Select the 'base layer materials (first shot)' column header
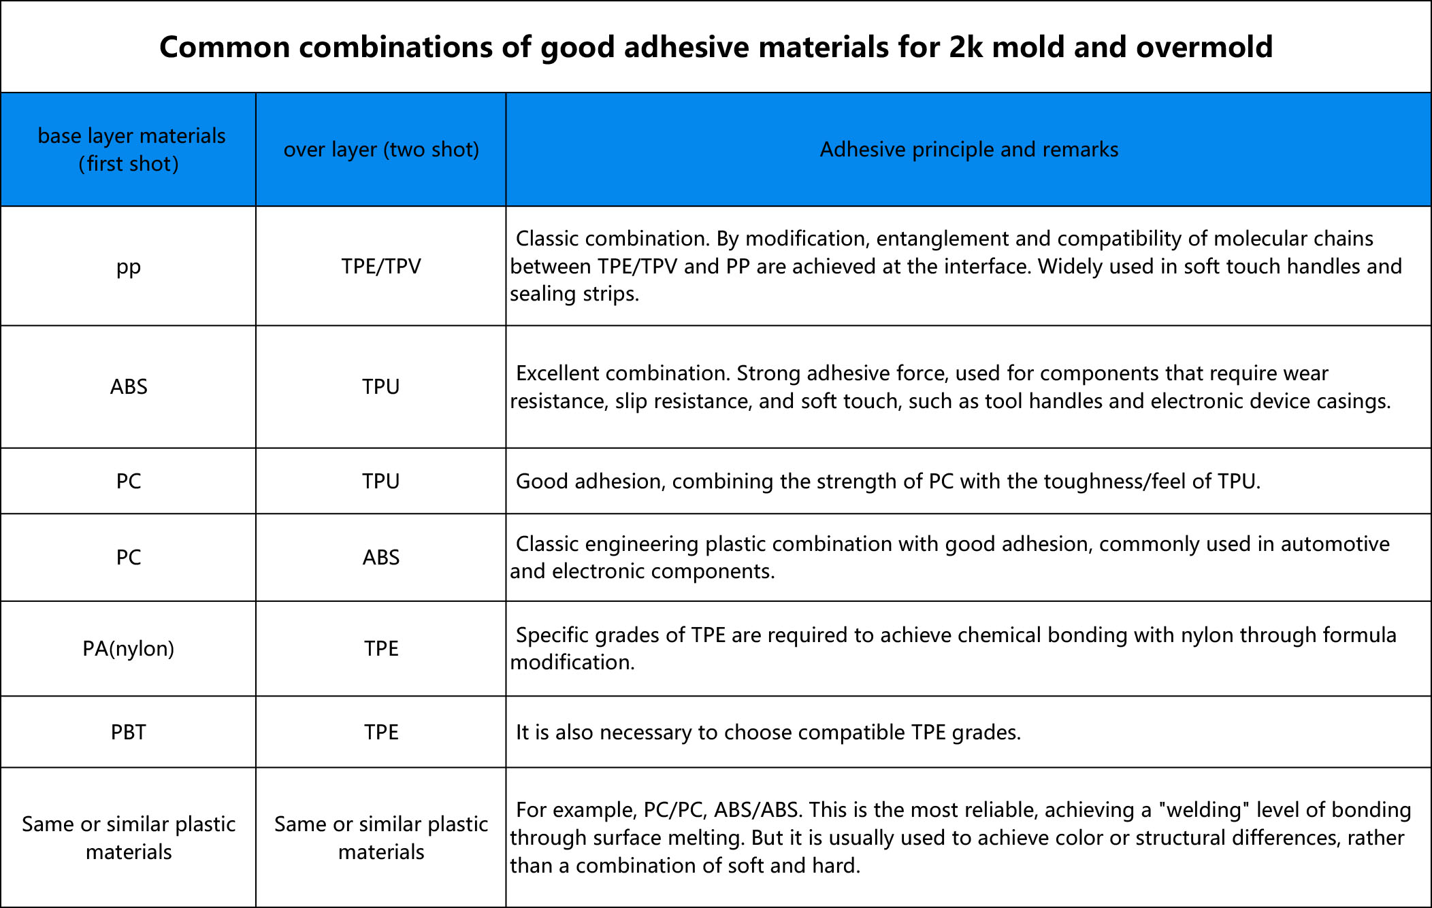point(131,150)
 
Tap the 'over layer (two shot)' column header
point(381,150)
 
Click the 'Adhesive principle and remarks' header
point(969,150)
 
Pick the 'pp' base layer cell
point(129,267)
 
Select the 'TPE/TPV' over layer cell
point(381,266)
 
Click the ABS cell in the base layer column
point(129,387)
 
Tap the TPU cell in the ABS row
point(381,387)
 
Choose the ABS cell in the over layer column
point(381,558)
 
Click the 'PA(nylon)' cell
point(129,649)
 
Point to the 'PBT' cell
point(129,733)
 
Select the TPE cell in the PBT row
point(381,733)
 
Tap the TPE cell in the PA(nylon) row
point(381,649)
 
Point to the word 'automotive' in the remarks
point(1335,544)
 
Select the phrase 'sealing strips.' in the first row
point(574,294)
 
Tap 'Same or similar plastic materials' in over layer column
point(381,838)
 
